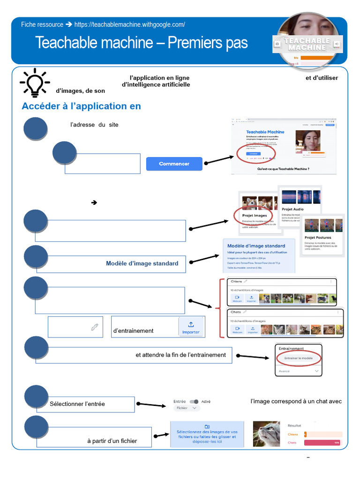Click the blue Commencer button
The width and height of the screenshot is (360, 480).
174,164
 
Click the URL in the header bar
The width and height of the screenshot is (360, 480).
129,24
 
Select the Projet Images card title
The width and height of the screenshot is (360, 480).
255,216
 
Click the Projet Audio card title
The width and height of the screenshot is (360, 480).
293,209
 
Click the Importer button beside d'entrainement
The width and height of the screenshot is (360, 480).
191,327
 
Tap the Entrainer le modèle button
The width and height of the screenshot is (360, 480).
299,358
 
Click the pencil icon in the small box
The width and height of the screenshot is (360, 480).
95,327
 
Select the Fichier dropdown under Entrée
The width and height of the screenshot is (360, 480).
187,408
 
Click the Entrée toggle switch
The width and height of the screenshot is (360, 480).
194,402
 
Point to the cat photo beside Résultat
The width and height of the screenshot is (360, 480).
267,434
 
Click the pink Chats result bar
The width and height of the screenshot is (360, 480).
322,442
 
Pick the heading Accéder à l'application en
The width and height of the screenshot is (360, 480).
81,106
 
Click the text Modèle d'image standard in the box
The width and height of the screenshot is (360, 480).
142,263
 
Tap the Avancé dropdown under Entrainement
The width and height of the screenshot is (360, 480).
299,371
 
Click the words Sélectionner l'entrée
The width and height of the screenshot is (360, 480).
77,404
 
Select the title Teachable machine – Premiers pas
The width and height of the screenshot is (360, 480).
141,43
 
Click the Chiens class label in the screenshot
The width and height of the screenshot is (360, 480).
238,282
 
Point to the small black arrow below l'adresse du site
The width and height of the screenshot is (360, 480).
94,202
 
